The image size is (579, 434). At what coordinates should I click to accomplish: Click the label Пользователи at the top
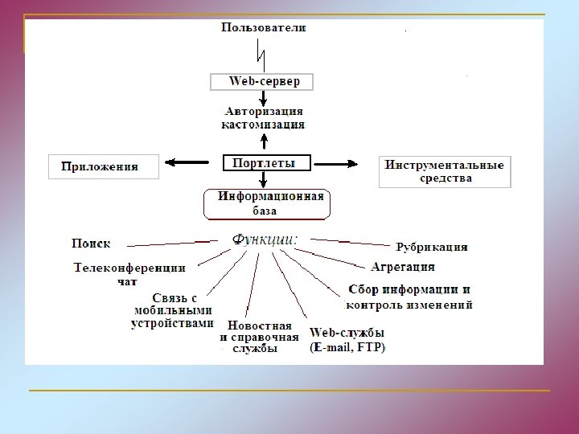click(x=264, y=28)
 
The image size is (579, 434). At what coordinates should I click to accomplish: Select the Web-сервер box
click(x=261, y=82)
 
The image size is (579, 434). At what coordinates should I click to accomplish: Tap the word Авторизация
click(x=264, y=112)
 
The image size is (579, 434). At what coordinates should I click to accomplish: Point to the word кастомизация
click(x=264, y=125)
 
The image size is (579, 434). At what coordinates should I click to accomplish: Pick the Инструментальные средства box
click(x=445, y=171)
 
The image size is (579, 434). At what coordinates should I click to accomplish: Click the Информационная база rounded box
click(x=268, y=203)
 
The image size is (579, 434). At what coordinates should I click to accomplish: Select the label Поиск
click(x=92, y=242)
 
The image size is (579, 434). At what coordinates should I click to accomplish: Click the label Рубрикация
click(x=432, y=247)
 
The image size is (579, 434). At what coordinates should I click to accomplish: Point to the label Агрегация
click(x=403, y=266)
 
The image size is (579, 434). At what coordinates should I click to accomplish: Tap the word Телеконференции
click(x=129, y=268)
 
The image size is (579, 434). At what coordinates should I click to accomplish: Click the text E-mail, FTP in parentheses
click(x=347, y=348)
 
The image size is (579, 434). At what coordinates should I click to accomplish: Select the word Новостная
click(x=260, y=325)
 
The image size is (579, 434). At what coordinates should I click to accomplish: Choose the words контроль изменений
click(x=409, y=305)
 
